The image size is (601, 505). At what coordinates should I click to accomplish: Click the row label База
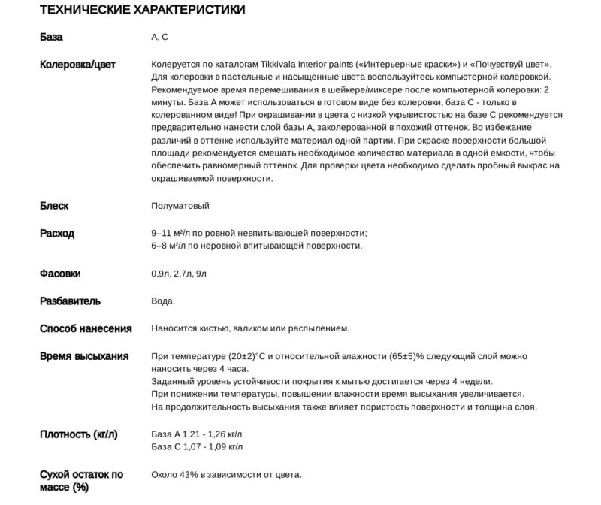[x=51, y=37]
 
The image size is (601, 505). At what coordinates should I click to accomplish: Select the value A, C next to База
[x=159, y=37]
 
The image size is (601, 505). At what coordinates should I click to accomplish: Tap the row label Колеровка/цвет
[x=77, y=65]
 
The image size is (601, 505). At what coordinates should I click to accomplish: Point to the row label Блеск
[x=53, y=205]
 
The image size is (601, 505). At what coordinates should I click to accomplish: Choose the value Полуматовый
[x=180, y=205]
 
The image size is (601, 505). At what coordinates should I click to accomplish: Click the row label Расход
[x=57, y=234]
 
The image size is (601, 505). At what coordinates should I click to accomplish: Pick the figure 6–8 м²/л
[x=171, y=246]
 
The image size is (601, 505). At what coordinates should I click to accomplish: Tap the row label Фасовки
[x=60, y=274]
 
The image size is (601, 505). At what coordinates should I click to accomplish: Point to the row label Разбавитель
[x=70, y=301]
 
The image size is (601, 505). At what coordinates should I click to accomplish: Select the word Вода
[x=162, y=301]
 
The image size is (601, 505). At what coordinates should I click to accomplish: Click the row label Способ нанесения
[x=86, y=328]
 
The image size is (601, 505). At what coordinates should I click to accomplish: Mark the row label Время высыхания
[x=84, y=356]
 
